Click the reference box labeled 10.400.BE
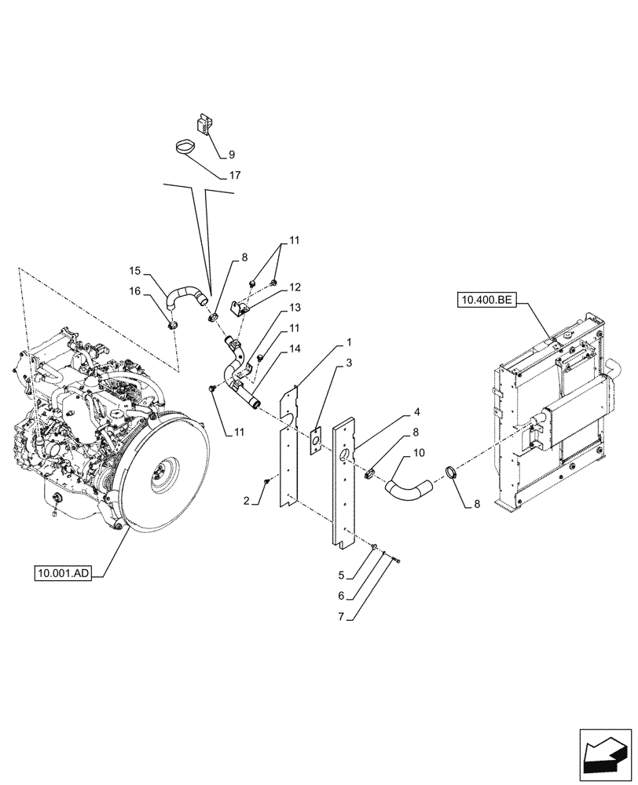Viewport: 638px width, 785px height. tap(486, 300)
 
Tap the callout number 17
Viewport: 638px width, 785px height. tap(234, 175)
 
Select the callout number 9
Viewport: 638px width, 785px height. tap(231, 155)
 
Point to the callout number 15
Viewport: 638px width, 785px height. tap(135, 271)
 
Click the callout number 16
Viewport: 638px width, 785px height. tap(135, 290)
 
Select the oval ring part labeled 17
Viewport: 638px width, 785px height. tap(187, 146)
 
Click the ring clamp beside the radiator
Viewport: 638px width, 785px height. tap(453, 473)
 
